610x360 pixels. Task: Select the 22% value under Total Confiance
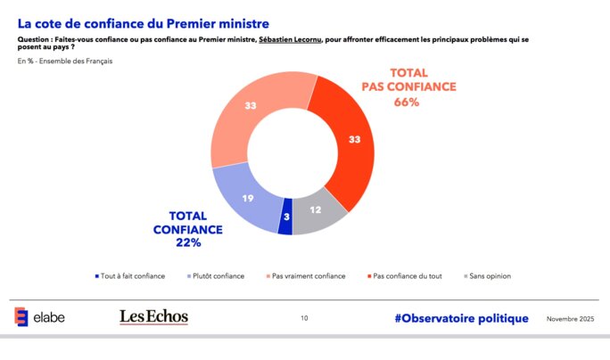coord(188,242)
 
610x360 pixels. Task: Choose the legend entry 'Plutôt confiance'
coord(217,276)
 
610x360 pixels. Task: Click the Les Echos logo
coord(153,317)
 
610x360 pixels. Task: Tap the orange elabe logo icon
coord(21,317)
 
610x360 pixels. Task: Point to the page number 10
coord(304,318)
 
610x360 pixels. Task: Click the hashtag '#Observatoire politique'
coord(461,318)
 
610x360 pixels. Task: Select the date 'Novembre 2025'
coord(570,318)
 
